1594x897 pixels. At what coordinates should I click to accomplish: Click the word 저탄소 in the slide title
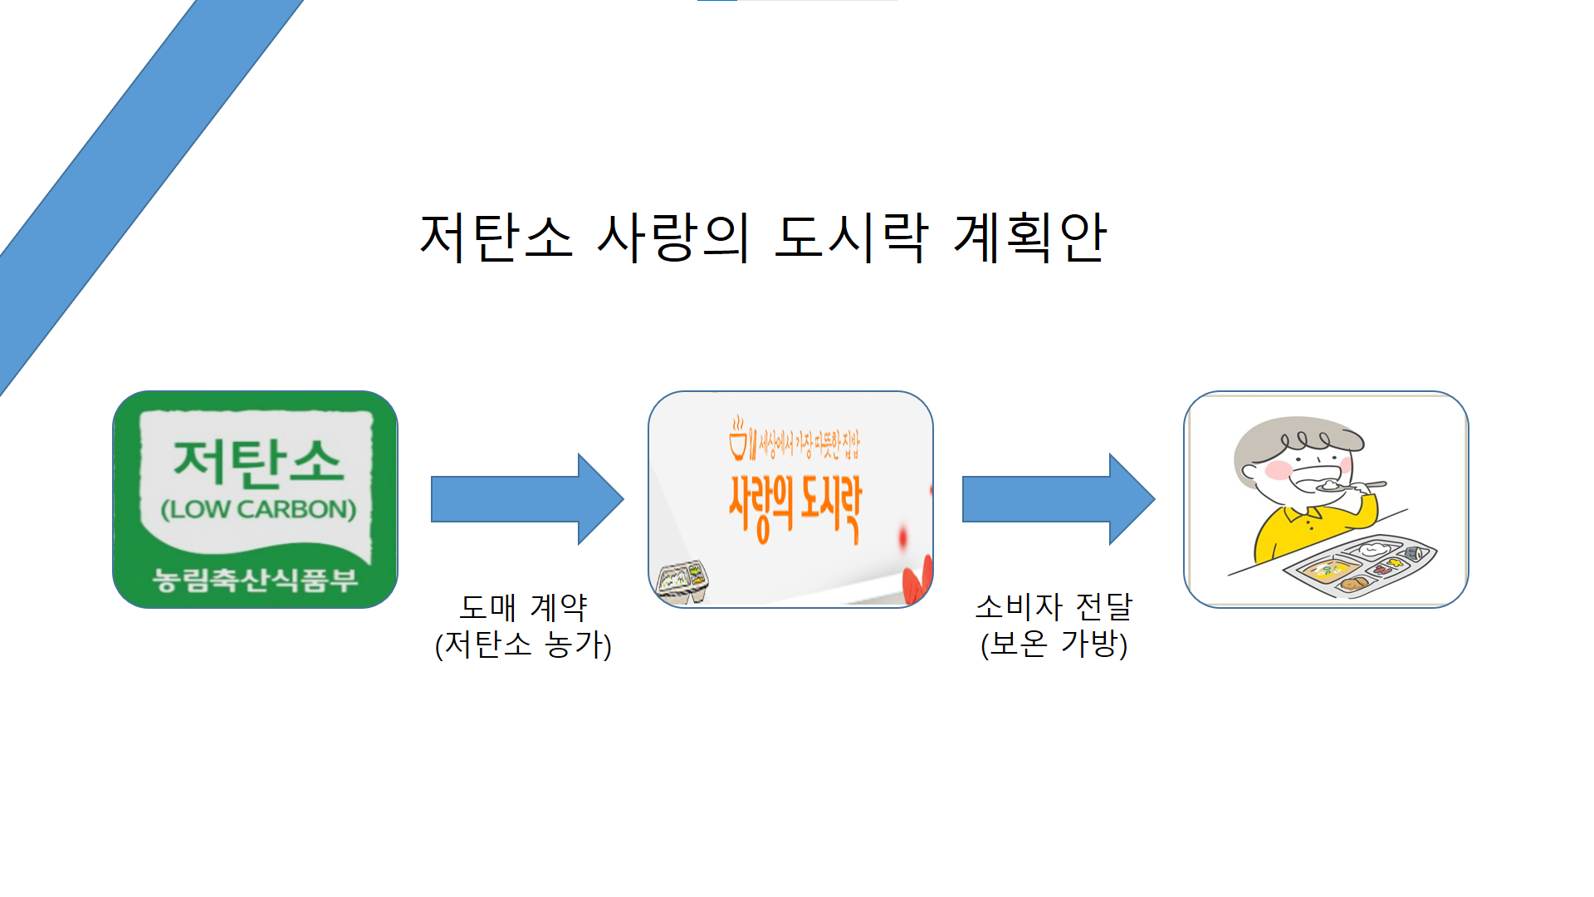pyautogui.click(x=496, y=238)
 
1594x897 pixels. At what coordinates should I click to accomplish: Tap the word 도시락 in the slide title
pyautogui.click(x=851, y=238)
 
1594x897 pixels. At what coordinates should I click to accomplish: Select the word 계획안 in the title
pyautogui.click(x=1029, y=238)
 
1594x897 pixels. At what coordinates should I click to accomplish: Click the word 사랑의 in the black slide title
pyautogui.click(x=673, y=238)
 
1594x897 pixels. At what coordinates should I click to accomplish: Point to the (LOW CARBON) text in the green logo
pyautogui.click(x=258, y=509)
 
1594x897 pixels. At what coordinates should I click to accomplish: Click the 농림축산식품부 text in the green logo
pyautogui.click(x=255, y=579)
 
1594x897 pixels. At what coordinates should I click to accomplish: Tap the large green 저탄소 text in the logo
pyautogui.click(x=257, y=462)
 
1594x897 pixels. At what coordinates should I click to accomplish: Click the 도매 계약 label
pyautogui.click(x=523, y=607)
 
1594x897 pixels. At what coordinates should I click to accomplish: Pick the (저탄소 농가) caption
pyautogui.click(x=523, y=645)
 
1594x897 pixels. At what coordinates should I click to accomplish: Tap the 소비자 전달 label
pyautogui.click(x=1054, y=607)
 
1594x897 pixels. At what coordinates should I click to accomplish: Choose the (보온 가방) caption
pyautogui.click(x=1054, y=645)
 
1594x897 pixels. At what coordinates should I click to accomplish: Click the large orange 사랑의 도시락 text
pyautogui.click(x=795, y=507)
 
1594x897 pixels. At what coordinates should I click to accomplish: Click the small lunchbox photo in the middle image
pyautogui.click(x=682, y=580)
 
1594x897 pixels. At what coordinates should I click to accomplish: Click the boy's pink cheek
pyautogui.click(x=1278, y=470)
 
